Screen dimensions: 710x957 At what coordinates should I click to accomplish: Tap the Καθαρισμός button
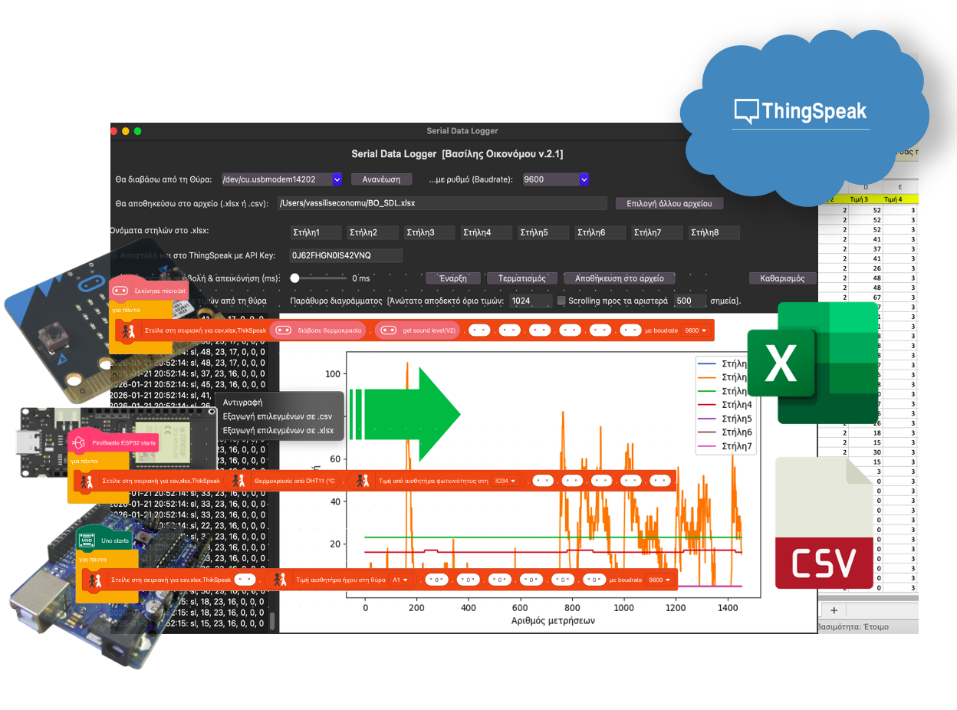[x=782, y=278]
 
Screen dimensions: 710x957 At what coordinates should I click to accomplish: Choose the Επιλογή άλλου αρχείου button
[x=669, y=204]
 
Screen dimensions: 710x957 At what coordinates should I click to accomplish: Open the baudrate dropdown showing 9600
[x=555, y=179]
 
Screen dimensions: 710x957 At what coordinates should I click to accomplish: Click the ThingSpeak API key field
[x=346, y=255]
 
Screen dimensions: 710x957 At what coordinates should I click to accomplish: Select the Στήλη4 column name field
[x=485, y=232]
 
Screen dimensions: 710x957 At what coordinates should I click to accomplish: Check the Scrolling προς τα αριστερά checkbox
[x=561, y=301]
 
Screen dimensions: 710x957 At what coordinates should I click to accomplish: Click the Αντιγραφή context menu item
[x=243, y=402]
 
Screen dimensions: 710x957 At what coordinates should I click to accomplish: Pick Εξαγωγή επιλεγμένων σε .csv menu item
[x=278, y=416]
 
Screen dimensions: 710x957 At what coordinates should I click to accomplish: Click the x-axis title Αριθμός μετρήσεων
[x=553, y=620]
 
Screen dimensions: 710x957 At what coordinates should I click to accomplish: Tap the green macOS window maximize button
[x=138, y=131]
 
